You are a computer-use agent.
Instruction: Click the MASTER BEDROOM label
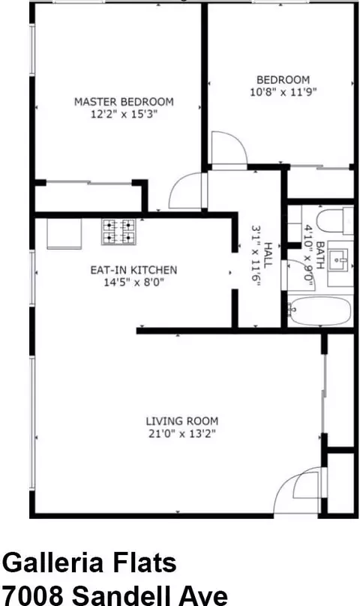pyautogui.click(x=124, y=102)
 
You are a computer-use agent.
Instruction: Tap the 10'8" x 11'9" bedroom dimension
pyautogui.click(x=283, y=92)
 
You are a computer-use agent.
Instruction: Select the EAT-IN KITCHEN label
pyautogui.click(x=133, y=270)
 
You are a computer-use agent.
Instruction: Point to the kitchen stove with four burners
pyautogui.click(x=119, y=232)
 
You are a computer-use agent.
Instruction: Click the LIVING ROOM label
pyautogui.click(x=181, y=421)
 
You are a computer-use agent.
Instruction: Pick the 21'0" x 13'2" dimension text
pyautogui.click(x=181, y=433)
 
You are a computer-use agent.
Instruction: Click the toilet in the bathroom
pyautogui.click(x=334, y=221)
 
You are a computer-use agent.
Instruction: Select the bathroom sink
pyautogui.click(x=340, y=263)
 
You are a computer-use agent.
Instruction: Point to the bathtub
pyautogui.click(x=320, y=311)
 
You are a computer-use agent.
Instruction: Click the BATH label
pyautogui.click(x=319, y=255)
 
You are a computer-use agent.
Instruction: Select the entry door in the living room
pyautogui.click(x=298, y=490)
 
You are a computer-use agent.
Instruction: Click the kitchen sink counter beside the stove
pyautogui.click(x=64, y=233)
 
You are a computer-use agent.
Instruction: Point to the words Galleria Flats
pyautogui.click(x=90, y=562)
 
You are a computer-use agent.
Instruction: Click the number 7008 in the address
pyautogui.click(x=34, y=595)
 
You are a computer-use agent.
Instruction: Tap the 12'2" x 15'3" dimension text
pyautogui.click(x=124, y=115)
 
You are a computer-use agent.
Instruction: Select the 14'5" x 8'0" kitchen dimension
pyautogui.click(x=133, y=283)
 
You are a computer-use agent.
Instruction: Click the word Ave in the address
pyautogui.click(x=205, y=595)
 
